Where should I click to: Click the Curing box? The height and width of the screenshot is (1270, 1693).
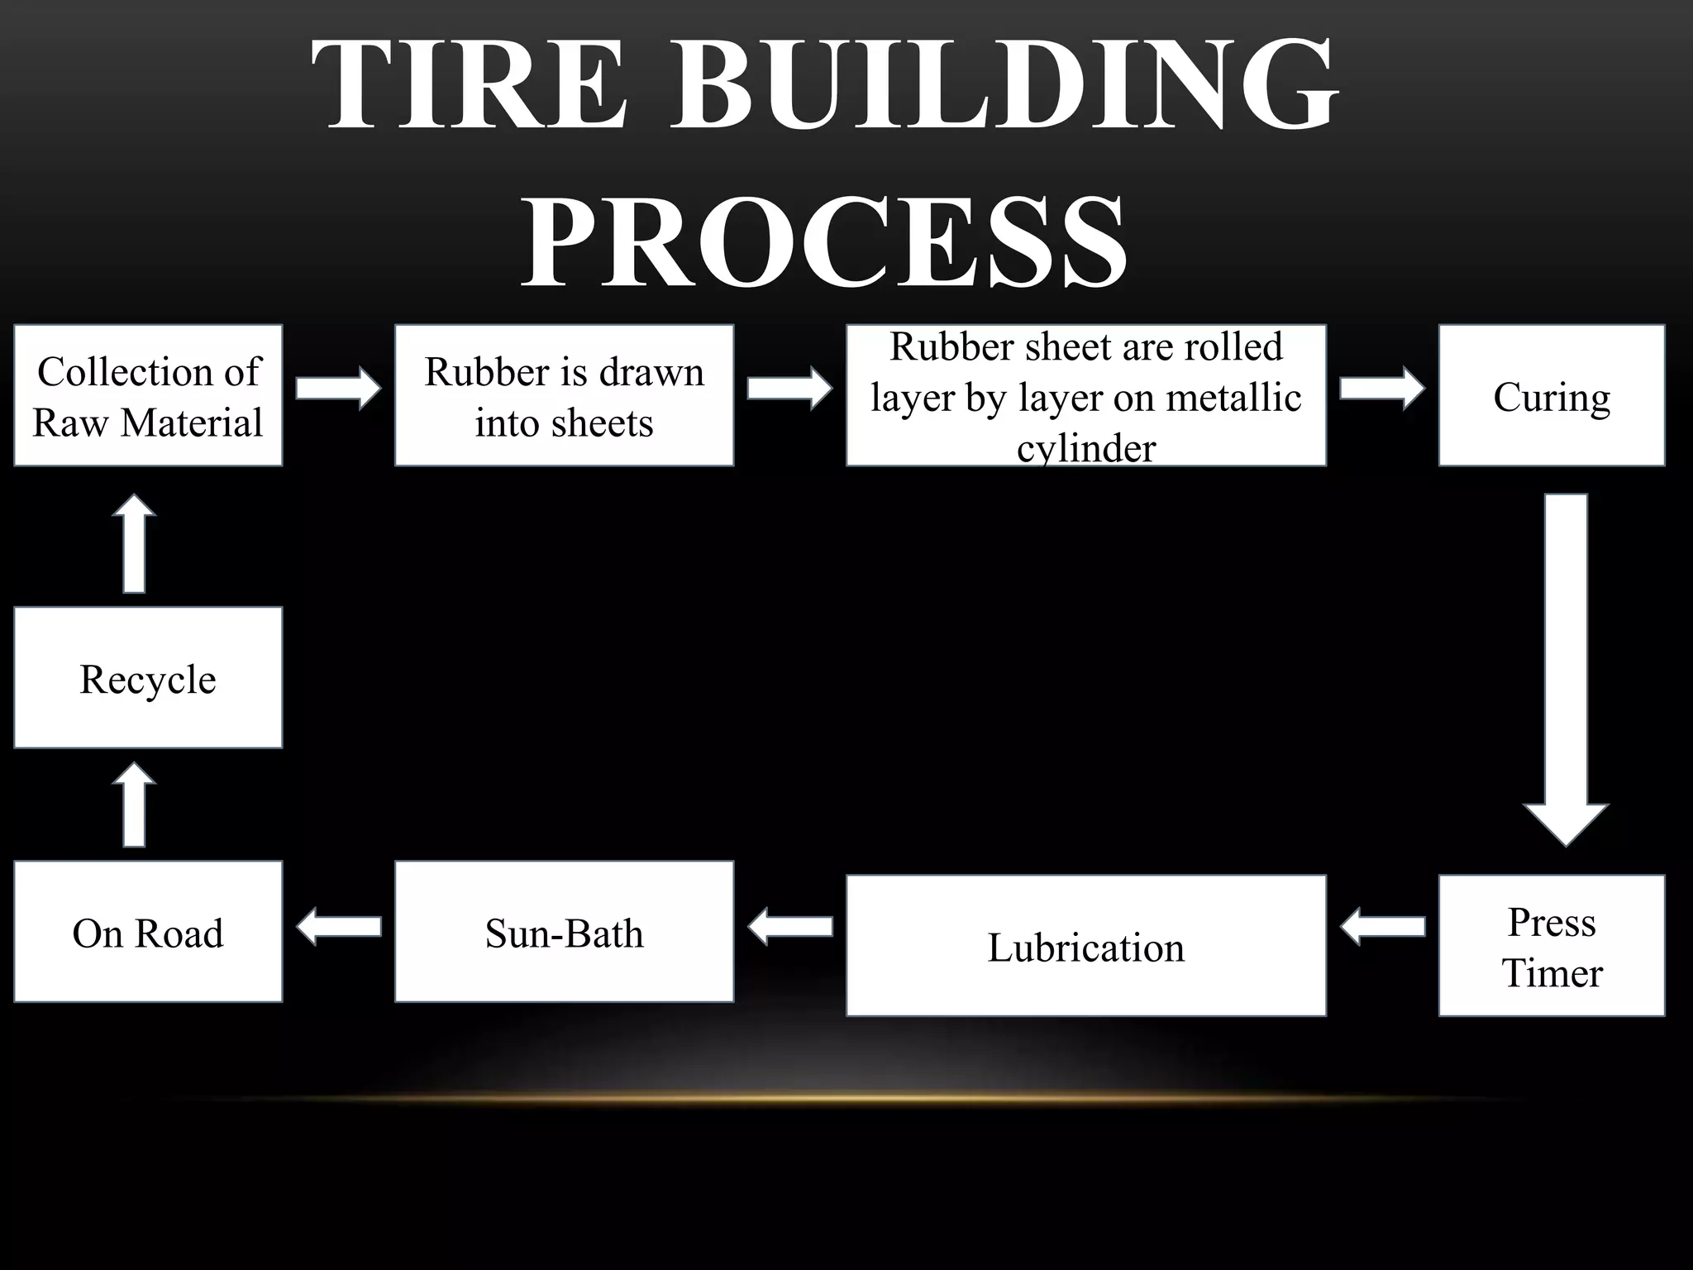(1551, 396)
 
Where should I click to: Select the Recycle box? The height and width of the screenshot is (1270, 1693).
(148, 678)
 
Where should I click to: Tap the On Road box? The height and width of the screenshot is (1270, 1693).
(148, 932)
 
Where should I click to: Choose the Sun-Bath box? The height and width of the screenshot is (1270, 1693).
(564, 932)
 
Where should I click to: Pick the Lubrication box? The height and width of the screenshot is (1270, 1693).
(1085, 946)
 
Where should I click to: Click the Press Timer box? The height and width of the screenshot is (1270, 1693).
(1551, 946)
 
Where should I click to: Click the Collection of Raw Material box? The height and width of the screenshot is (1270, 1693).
(148, 396)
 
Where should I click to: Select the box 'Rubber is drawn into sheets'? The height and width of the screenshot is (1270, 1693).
(564, 396)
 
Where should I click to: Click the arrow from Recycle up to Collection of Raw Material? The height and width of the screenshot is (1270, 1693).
(134, 544)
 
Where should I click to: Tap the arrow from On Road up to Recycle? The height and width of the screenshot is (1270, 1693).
(134, 804)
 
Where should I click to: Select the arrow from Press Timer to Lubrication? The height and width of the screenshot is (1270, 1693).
(1382, 926)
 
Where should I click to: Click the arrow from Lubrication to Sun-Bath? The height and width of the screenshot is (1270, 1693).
(790, 926)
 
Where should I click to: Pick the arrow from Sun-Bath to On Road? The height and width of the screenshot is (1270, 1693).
(339, 926)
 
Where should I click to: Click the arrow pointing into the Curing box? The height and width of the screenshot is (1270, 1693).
(1382, 388)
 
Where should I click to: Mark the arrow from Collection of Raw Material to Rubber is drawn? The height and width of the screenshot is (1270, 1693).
(339, 388)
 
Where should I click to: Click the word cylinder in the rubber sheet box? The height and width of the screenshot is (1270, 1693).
(1085, 450)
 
